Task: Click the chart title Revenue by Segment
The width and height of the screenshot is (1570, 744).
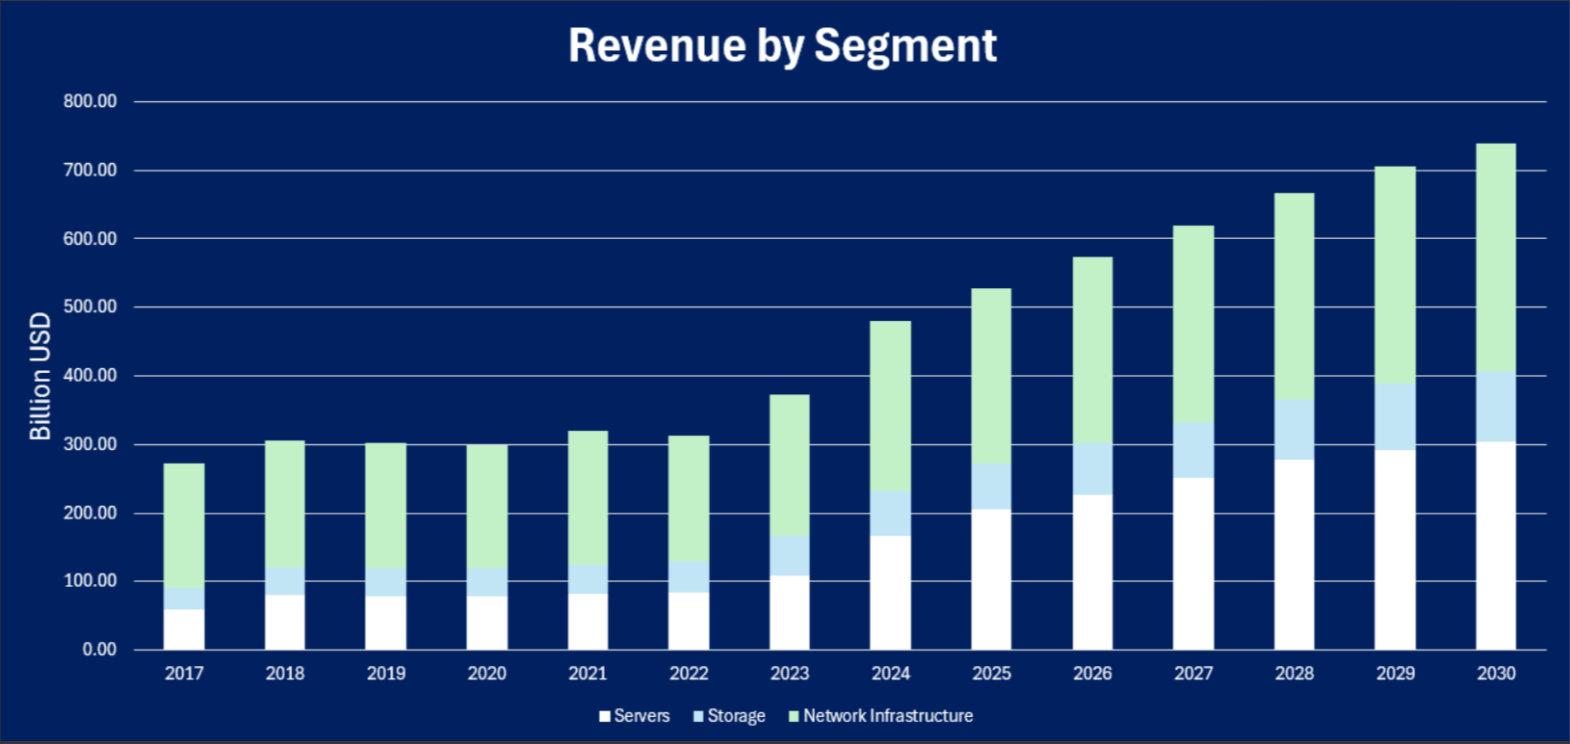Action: point(782,45)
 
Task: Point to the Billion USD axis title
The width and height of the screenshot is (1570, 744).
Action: point(39,376)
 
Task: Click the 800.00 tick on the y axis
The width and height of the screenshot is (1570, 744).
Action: point(91,101)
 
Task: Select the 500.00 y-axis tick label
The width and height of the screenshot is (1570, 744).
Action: point(91,307)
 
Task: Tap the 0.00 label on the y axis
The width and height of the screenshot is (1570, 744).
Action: point(99,650)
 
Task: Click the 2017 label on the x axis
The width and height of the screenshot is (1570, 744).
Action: point(184,674)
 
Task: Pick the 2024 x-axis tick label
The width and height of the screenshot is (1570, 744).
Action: point(890,674)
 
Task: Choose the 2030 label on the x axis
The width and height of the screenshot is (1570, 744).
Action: point(1496,674)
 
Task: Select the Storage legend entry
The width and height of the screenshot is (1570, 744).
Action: point(729,716)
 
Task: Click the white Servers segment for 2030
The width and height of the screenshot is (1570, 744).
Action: point(1496,545)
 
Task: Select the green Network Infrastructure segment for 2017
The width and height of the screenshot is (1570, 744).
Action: point(184,525)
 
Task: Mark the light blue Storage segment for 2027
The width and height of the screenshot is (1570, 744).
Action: point(1193,450)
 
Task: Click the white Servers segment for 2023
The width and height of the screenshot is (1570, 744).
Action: point(790,613)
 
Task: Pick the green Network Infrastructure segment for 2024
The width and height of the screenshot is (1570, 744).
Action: point(890,406)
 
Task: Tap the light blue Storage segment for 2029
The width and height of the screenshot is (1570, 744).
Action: point(1395,417)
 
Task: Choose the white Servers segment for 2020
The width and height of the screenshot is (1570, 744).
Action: point(486,623)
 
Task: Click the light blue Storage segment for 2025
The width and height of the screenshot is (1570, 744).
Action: point(991,487)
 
